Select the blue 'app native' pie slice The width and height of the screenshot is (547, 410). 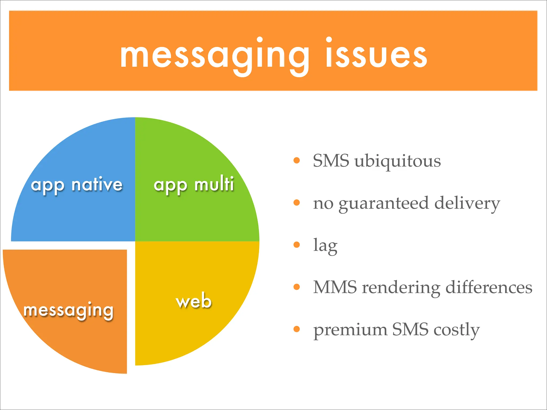[80, 214]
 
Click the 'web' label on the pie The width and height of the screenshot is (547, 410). [194, 301]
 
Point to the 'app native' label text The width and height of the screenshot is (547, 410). [77, 185]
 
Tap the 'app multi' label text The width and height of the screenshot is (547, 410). [194, 185]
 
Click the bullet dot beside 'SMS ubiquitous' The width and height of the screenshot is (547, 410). [296, 160]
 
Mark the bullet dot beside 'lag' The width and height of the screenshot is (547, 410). [296, 245]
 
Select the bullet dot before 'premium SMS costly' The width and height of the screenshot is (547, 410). [296, 329]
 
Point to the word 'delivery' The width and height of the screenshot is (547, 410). [467, 204]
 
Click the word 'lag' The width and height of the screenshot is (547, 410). [325, 246]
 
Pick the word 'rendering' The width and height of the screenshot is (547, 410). [401, 288]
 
